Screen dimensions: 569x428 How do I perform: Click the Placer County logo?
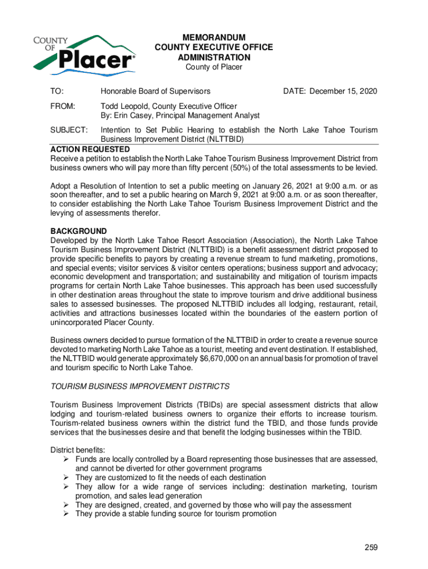coord(84,53)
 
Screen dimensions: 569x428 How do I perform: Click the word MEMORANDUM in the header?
coord(214,37)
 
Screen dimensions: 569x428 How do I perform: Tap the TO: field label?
coord(57,91)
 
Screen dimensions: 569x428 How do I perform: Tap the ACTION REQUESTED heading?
coord(90,149)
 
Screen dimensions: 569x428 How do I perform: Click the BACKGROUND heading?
coord(78,231)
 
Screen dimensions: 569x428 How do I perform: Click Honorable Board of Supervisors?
coord(155,91)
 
